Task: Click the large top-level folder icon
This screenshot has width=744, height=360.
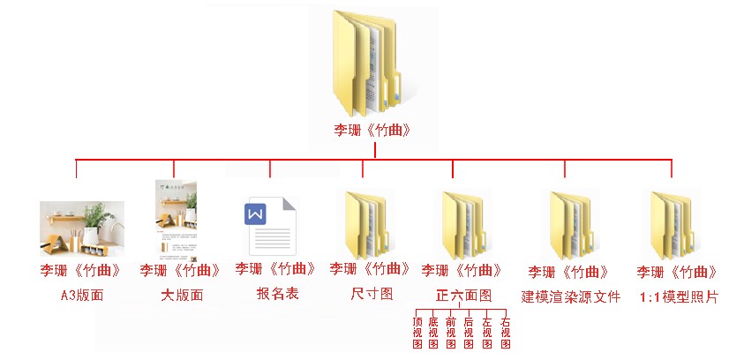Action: (x=366, y=64)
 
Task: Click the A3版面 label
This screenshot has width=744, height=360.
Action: (x=82, y=296)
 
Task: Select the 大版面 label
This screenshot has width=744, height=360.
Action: (x=182, y=296)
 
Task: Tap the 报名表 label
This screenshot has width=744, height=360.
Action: (x=278, y=294)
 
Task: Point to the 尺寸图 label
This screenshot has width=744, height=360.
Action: (x=372, y=293)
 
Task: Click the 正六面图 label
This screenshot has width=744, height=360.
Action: (x=463, y=296)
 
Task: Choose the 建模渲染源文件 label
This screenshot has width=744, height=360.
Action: (x=570, y=297)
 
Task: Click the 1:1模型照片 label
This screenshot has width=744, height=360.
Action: (x=679, y=297)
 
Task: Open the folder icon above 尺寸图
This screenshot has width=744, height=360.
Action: (x=366, y=225)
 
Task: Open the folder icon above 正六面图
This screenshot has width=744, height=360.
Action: (x=463, y=225)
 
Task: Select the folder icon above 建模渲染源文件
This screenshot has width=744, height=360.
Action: (x=571, y=225)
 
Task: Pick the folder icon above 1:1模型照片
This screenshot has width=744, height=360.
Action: (x=672, y=225)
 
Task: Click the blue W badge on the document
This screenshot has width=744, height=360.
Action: (x=255, y=214)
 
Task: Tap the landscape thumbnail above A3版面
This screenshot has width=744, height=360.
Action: (x=82, y=229)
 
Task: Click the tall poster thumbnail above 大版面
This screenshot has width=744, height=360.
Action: (x=176, y=221)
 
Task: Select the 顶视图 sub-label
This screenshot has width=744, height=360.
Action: (x=417, y=333)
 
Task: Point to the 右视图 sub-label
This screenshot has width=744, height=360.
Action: (x=506, y=333)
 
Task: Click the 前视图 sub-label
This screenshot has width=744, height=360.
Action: (x=451, y=333)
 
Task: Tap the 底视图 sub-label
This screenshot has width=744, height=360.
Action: (x=433, y=333)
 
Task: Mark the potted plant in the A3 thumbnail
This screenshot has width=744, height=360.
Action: (x=97, y=223)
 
